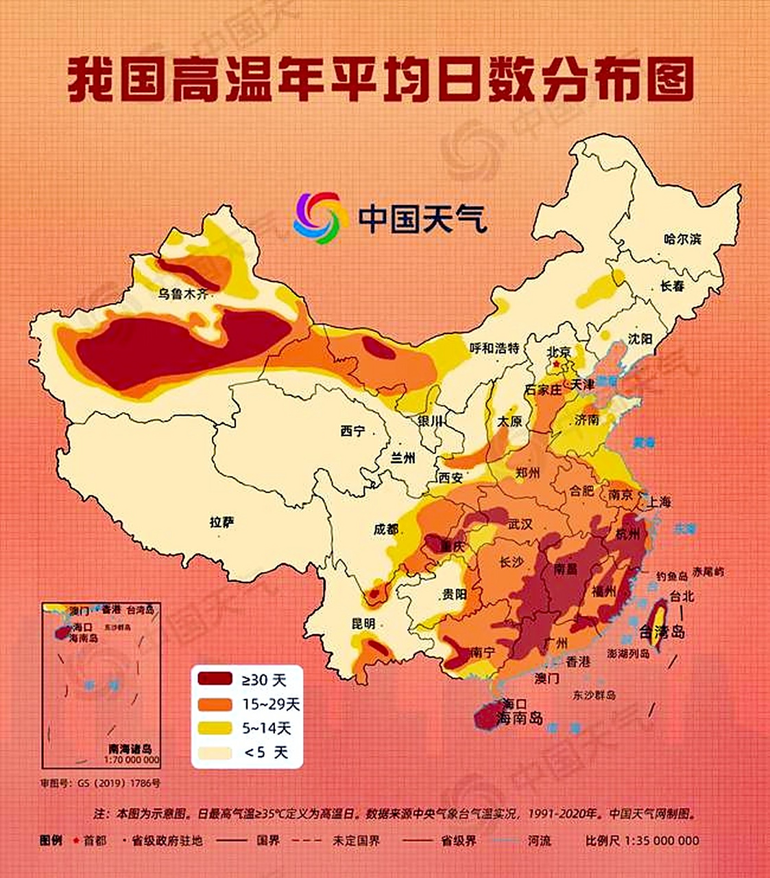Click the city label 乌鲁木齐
pos(182,294)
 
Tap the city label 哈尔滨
pos(683,239)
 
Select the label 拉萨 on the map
pos(221,523)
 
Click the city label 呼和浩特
pos(494,348)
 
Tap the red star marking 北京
pos(557,362)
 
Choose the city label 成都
pos(386,529)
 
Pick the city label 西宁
pos(352,431)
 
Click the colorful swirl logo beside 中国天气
pos(317,217)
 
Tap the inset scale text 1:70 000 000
pos(132,760)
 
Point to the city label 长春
pos(672,286)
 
